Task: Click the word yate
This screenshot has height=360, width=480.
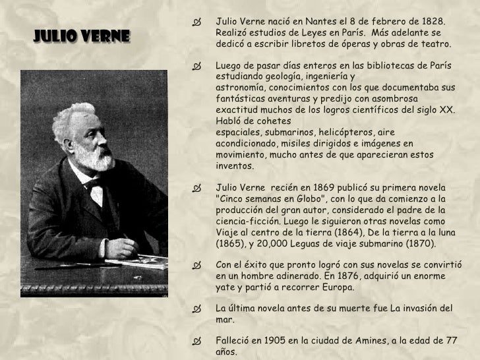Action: coord(225,288)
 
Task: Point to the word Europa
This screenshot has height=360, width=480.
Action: coord(338,288)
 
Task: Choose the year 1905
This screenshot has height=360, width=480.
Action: coord(277,341)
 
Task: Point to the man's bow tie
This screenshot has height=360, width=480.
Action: coord(92,183)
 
